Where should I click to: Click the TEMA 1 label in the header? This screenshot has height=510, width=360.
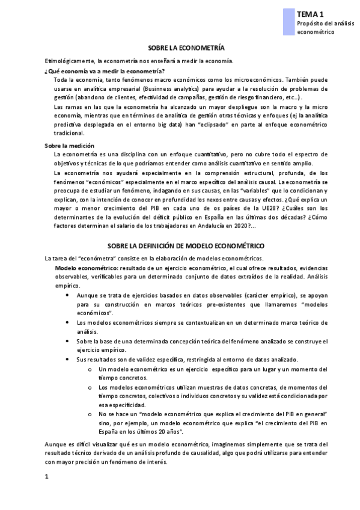coord(310,13)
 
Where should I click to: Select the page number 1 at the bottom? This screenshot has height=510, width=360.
coord(47,478)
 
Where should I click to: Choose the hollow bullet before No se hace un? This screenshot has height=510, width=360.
coord(89,414)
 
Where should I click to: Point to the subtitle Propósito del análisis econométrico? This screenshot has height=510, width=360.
coord(322,26)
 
